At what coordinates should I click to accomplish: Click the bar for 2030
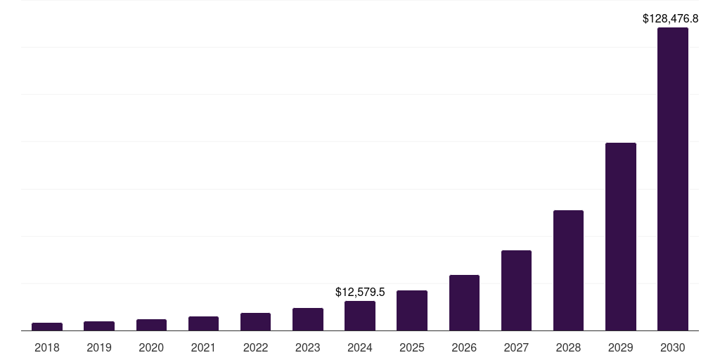[x=672, y=179]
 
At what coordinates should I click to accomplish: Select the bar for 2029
[x=620, y=236]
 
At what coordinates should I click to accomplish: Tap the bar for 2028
[x=568, y=270]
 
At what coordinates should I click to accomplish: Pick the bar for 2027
[x=516, y=290]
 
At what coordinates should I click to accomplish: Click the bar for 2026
[x=464, y=302]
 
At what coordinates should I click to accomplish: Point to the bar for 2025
[x=412, y=310]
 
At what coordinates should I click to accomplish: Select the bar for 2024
[x=360, y=316]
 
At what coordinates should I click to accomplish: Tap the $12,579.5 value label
[x=360, y=292]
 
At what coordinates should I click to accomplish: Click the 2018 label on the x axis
[x=47, y=347]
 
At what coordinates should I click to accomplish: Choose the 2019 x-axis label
[x=99, y=347]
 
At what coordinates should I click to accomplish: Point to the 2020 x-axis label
[x=151, y=347]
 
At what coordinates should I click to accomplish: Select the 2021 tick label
[x=203, y=347]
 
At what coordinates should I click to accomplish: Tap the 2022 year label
[x=255, y=347]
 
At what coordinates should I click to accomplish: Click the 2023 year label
[x=308, y=347]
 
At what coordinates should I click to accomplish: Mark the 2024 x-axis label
[x=360, y=347]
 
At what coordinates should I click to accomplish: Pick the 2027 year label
[x=516, y=347]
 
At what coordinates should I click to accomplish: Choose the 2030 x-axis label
[x=672, y=347]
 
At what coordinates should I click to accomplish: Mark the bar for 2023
[x=308, y=319]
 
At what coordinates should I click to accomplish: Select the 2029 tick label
[x=620, y=347]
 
